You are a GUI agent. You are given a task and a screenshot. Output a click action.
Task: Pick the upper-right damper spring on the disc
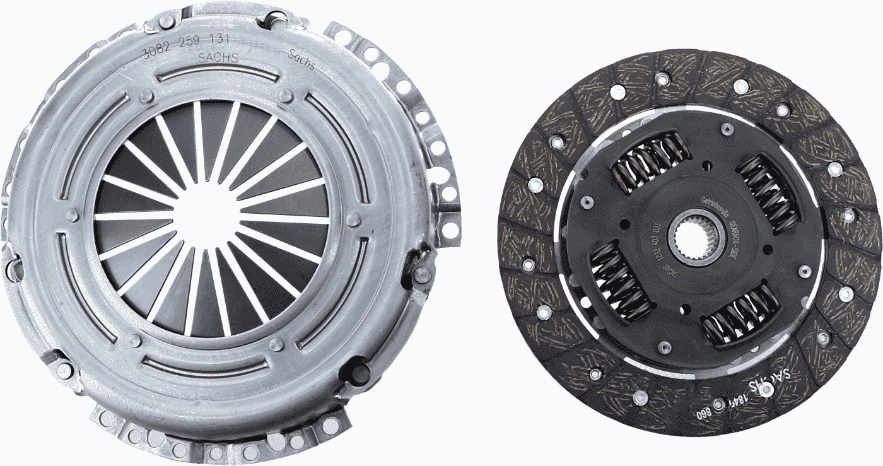click(769, 192)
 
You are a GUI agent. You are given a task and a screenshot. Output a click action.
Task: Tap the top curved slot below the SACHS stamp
click(218, 76)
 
